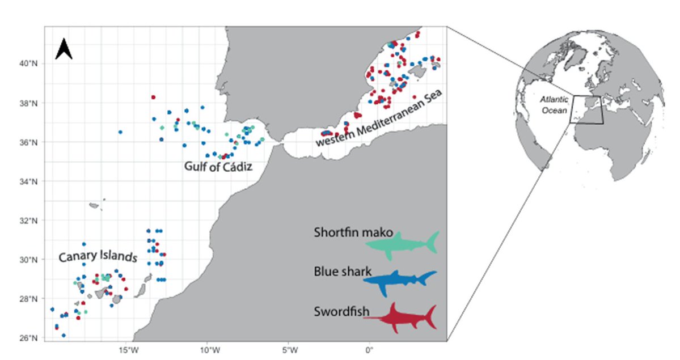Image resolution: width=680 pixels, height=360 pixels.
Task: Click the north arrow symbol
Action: click(64, 49)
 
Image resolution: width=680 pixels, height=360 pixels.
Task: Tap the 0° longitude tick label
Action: click(370, 349)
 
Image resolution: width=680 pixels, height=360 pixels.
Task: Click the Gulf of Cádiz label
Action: click(218, 167)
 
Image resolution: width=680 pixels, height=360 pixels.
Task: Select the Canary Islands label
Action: click(98, 257)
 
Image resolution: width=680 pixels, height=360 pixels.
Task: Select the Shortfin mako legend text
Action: click(353, 233)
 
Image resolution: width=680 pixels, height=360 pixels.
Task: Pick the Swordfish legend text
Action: click(341, 312)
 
